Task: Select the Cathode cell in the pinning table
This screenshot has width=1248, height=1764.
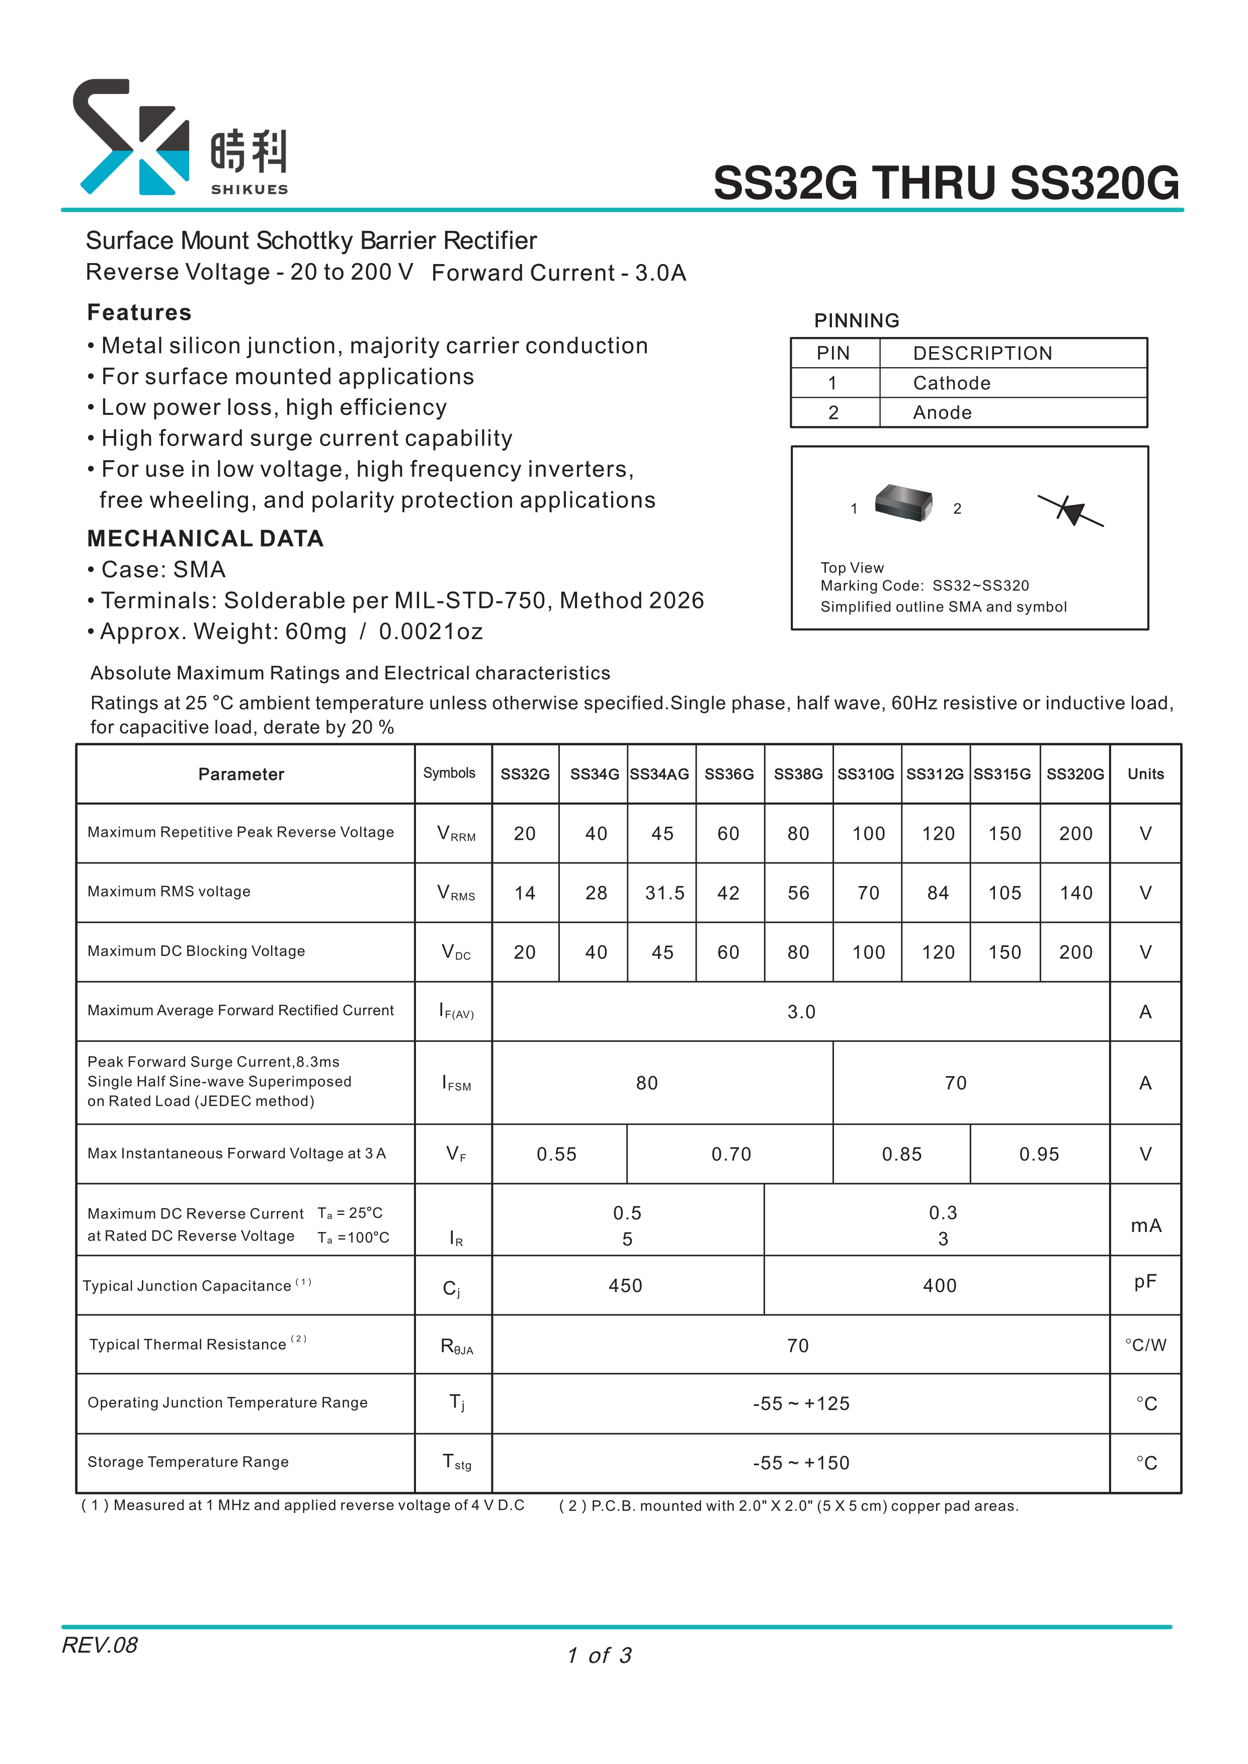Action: click(x=951, y=383)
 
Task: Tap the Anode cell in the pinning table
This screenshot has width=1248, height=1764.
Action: click(x=942, y=413)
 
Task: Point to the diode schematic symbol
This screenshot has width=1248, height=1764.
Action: click(x=1070, y=510)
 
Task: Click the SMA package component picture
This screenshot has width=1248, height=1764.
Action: click(x=904, y=503)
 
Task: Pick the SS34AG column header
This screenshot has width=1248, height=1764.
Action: click(x=659, y=774)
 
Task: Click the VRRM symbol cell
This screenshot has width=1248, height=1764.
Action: click(x=456, y=834)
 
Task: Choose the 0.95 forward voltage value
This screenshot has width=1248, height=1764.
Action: click(x=1039, y=1154)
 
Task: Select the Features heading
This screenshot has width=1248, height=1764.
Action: click(x=139, y=313)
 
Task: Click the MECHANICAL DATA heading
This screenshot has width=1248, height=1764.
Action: click(x=205, y=539)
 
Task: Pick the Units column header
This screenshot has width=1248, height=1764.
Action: click(x=1145, y=774)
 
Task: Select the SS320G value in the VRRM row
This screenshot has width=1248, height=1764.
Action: click(x=1075, y=834)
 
